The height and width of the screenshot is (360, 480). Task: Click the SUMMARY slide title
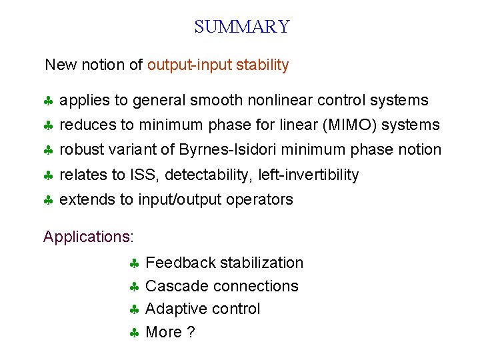pos(241,27)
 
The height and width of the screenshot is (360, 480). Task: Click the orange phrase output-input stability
pos(218,65)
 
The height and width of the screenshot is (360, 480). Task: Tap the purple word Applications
pos(87,237)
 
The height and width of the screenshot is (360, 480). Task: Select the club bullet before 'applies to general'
pos(49,101)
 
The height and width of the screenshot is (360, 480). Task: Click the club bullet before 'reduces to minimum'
pos(49,126)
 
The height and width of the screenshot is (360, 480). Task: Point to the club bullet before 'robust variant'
pos(49,151)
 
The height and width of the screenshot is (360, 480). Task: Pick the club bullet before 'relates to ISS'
pos(49,176)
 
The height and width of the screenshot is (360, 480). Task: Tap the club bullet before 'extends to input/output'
pos(49,200)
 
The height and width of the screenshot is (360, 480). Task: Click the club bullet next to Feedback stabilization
pos(134,264)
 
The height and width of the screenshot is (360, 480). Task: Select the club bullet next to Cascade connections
pos(134,287)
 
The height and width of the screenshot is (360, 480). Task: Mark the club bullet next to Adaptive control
pos(134,310)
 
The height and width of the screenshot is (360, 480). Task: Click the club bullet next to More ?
pos(134,333)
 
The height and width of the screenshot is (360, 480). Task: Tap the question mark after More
pos(191,333)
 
